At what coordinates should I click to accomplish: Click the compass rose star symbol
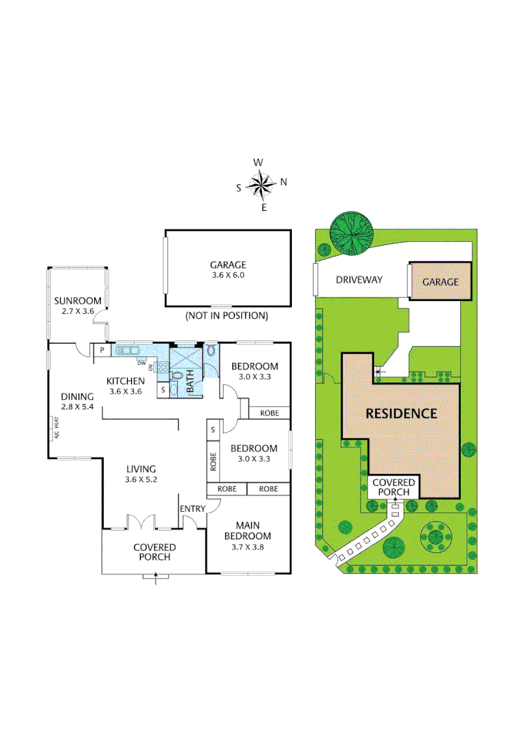pos(261,184)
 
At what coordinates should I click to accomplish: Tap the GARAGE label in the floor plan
pos(227,265)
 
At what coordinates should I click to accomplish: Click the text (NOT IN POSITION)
pos(227,316)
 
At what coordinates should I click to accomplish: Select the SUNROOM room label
pos(78,300)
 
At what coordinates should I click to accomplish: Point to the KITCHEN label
pos(125,381)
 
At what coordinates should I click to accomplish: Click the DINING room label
pos(77,396)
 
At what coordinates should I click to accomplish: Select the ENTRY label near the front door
pos(192,508)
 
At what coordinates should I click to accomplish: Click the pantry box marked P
pos(102,350)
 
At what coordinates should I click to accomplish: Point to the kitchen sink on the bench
pos(127,350)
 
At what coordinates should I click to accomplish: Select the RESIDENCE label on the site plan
pos(401,414)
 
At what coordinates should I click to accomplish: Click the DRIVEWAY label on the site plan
pos(358,280)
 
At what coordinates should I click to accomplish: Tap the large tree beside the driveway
pos(351,232)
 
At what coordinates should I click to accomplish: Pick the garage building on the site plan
pos(440,282)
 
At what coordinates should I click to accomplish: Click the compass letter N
pos(284,182)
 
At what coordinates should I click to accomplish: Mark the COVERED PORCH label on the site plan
pos(394,488)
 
